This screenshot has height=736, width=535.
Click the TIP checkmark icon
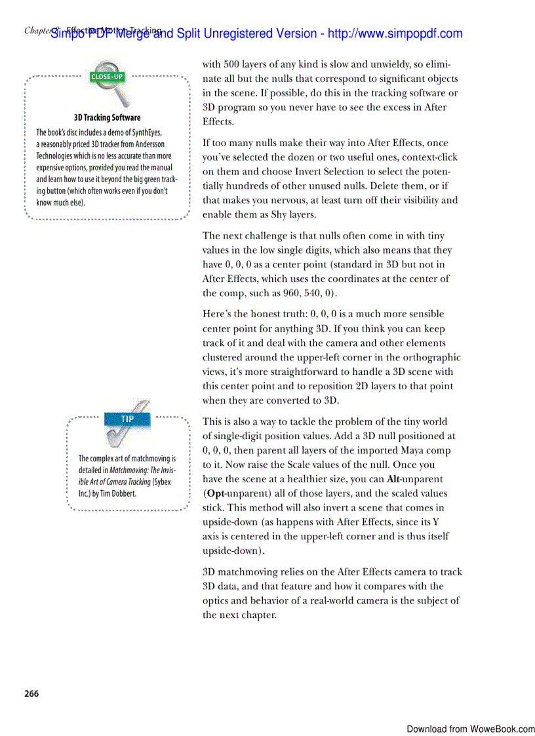pos(129,423)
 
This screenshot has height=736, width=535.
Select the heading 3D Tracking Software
pos(107,118)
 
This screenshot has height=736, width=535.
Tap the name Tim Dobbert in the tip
pos(119,494)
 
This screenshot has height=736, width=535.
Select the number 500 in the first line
pos(231,64)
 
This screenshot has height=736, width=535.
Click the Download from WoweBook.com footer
pos(470,729)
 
